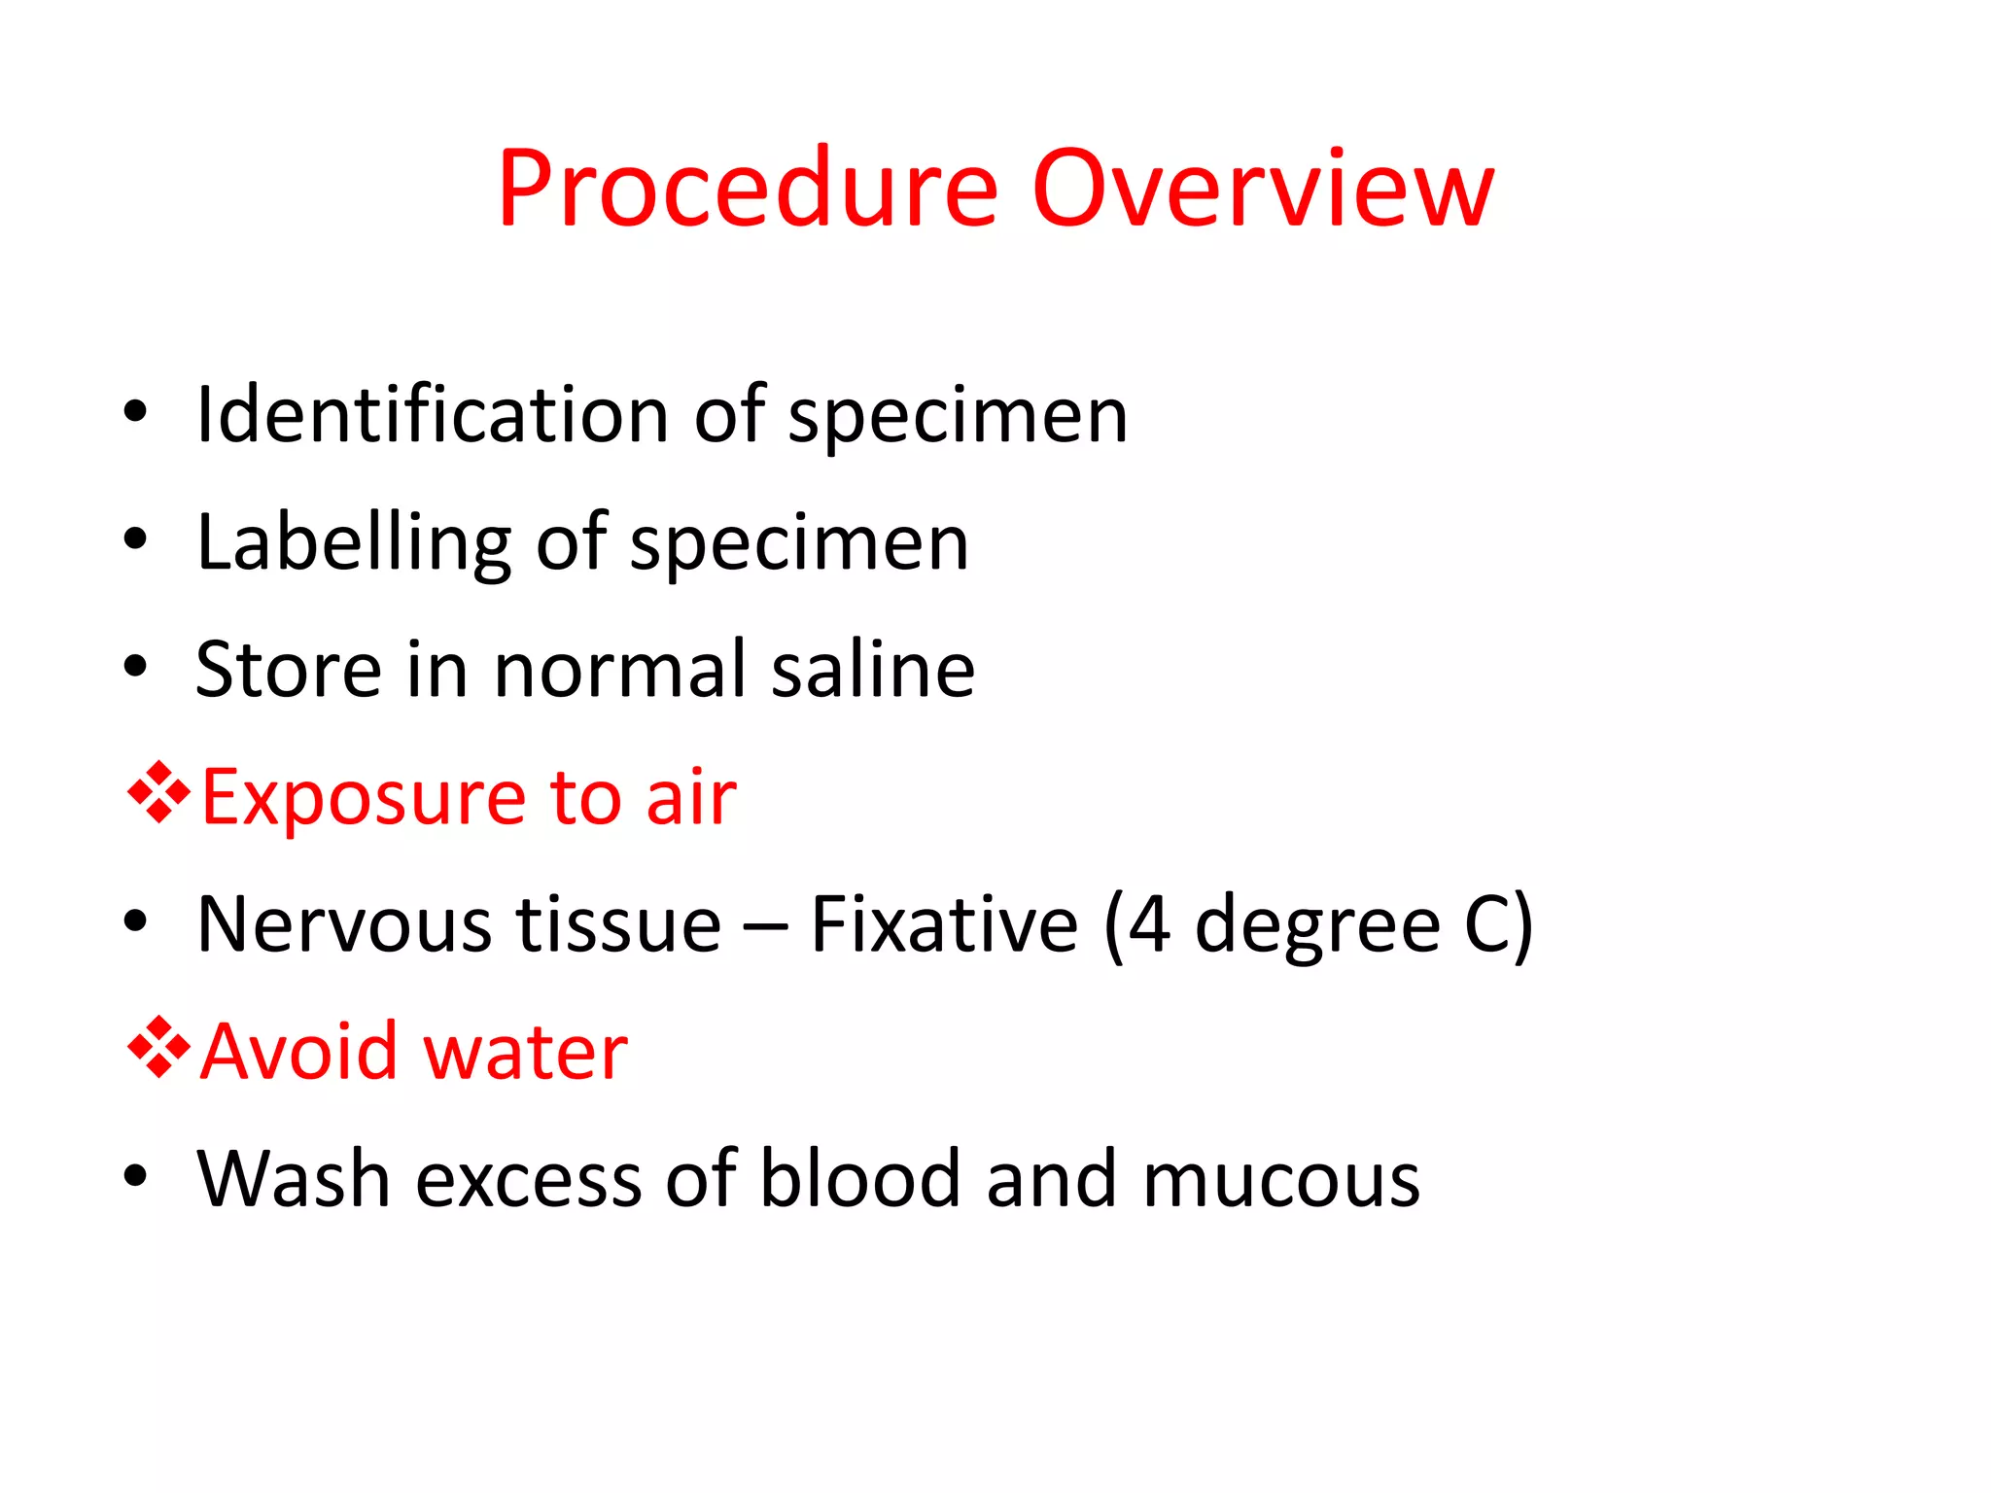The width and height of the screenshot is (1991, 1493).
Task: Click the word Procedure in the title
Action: [x=747, y=190]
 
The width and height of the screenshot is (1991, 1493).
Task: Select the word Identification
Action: [x=432, y=416]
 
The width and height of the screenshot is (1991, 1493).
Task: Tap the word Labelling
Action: [x=353, y=544]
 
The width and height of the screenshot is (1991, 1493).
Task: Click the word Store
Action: [x=288, y=670]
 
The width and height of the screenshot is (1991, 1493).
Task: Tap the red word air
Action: [x=691, y=798]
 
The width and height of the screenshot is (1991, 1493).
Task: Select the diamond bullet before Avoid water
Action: [x=158, y=1048]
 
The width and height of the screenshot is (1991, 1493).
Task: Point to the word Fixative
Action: [x=944, y=924]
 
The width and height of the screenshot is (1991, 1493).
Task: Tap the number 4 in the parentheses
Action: [x=1149, y=925]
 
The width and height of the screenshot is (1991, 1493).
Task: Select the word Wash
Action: [x=294, y=1179]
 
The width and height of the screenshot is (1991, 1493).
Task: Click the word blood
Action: [x=859, y=1179]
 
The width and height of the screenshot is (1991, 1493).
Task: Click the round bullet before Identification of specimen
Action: [x=135, y=412]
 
